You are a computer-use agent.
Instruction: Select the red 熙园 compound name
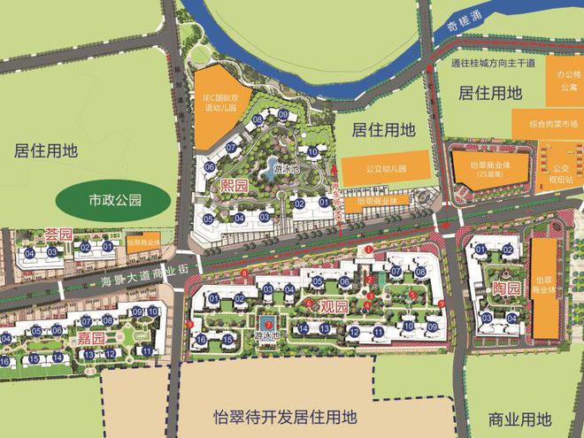[x=234, y=187]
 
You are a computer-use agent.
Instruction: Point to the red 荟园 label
[x=57, y=234]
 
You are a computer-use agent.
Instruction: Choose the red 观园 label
[x=334, y=305]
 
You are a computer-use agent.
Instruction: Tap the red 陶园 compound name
[x=505, y=289]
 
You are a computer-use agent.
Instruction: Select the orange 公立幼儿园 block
[x=386, y=167]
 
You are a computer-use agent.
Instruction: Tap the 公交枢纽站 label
[x=562, y=176]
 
